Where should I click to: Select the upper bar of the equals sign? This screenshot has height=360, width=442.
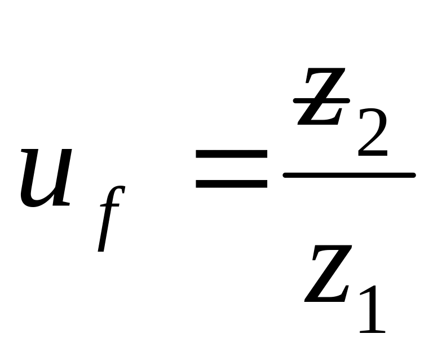point(231,154)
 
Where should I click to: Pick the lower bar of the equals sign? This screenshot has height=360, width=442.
point(231,183)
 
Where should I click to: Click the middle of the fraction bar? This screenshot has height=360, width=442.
point(349,175)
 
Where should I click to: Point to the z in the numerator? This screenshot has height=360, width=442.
point(321,97)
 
